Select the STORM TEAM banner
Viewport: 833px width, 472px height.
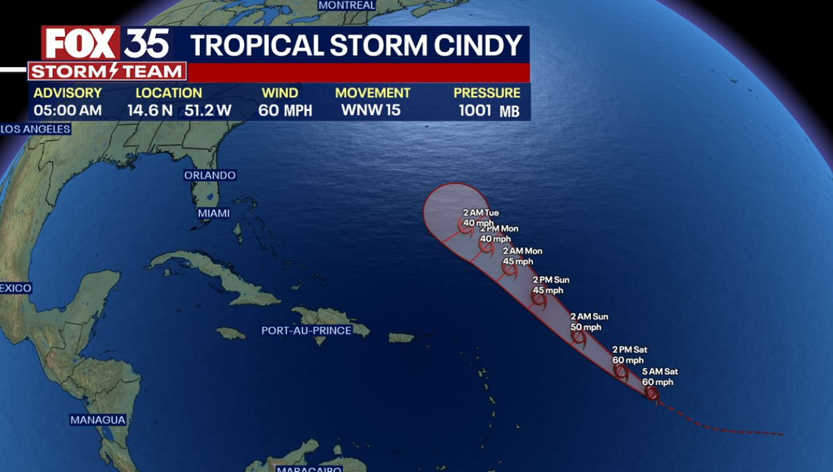[x=107, y=72]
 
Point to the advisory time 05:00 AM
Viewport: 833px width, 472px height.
[x=68, y=110]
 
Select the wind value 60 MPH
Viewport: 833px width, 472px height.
[x=285, y=110]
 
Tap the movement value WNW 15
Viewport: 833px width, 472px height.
[x=371, y=110]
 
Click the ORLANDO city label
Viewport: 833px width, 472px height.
[x=210, y=176]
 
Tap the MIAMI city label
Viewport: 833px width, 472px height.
[x=214, y=213]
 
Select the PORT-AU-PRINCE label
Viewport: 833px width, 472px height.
[x=306, y=330]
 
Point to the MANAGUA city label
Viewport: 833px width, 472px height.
[x=98, y=419]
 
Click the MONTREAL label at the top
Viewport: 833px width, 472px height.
[x=346, y=5]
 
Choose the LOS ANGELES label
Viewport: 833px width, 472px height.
[x=36, y=129]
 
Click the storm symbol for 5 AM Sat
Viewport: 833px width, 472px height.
[x=651, y=393]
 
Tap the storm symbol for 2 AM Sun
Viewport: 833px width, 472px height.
[x=579, y=337]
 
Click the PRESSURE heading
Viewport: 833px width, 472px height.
[x=487, y=93]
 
